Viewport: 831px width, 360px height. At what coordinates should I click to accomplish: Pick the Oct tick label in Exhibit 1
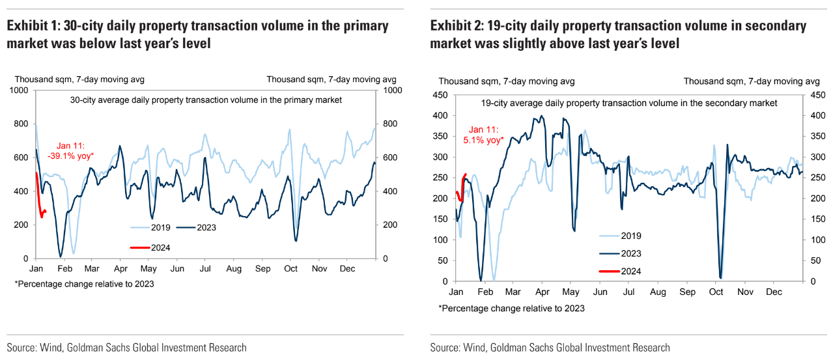(290, 269)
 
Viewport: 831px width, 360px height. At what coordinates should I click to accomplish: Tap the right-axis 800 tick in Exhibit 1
(390, 124)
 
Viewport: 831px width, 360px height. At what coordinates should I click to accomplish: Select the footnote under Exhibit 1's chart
(84, 284)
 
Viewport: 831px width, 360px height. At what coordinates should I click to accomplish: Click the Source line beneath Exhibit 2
(550, 348)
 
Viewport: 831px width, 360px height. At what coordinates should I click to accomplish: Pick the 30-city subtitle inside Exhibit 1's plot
(206, 100)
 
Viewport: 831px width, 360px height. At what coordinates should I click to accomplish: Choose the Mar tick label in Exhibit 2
(514, 292)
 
